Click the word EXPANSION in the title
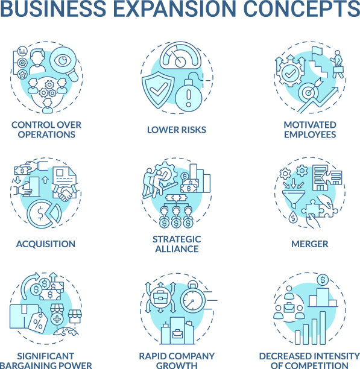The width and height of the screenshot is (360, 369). (x=174, y=8)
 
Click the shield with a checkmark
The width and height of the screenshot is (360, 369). (x=158, y=90)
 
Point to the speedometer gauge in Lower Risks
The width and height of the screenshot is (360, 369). (x=180, y=55)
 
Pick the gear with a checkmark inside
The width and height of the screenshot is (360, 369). (x=291, y=74)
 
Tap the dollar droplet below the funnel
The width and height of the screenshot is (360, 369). (x=293, y=217)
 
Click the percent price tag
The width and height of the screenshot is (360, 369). (x=38, y=323)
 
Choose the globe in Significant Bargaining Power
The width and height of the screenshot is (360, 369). (x=66, y=332)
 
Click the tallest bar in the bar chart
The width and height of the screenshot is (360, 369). (x=323, y=327)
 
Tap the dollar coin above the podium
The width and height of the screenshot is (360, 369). (x=323, y=280)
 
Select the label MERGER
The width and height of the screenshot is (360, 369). (x=309, y=244)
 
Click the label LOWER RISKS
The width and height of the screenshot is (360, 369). (x=177, y=130)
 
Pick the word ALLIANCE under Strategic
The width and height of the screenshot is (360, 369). (x=177, y=249)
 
